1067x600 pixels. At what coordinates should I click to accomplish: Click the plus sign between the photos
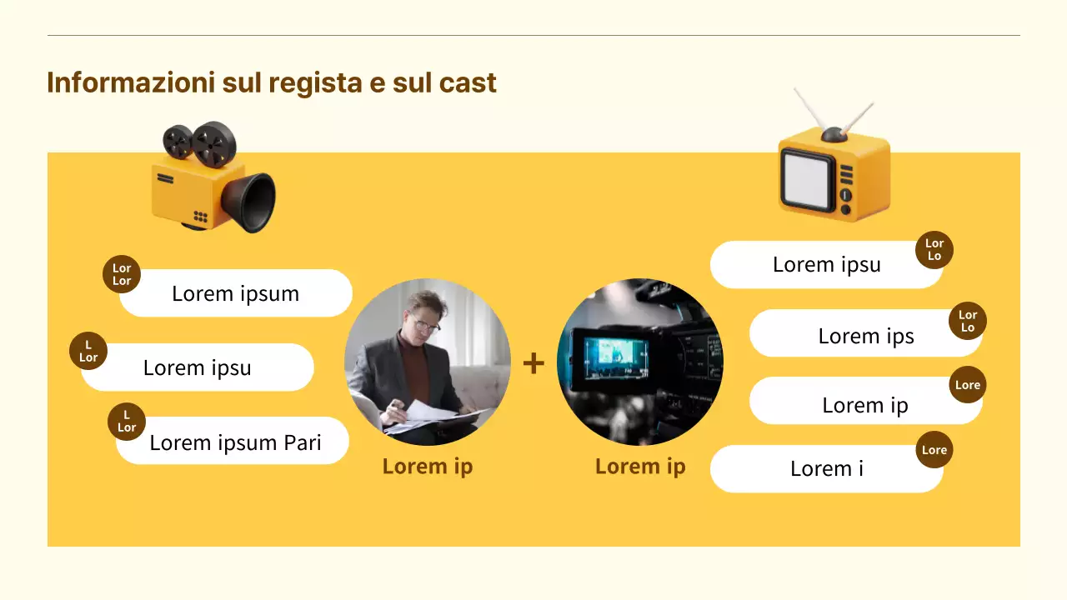pos(533,363)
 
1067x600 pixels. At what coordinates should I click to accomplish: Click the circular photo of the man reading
pos(428,362)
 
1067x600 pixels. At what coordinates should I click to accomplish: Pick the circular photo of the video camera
pos(640,362)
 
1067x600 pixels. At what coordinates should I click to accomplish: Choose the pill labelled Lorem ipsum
pos(236,293)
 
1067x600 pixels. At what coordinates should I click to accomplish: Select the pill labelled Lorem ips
pos(865,336)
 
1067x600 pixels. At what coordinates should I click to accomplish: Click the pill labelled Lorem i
pos(826,468)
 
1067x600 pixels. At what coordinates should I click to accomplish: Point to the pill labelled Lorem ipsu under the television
pos(826,265)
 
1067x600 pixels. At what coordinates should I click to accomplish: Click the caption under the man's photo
pos(428,467)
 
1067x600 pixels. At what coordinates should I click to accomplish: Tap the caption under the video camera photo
pos(640,467)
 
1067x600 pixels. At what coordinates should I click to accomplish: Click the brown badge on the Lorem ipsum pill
pos(122,274)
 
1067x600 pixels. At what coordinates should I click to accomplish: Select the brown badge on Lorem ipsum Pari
pos(127,422)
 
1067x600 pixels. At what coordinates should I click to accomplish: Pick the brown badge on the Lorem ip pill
pos(968,385)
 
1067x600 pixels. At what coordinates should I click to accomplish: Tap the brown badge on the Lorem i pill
pos(934,450)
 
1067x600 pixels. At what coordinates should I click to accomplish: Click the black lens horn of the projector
pos(254,202)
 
